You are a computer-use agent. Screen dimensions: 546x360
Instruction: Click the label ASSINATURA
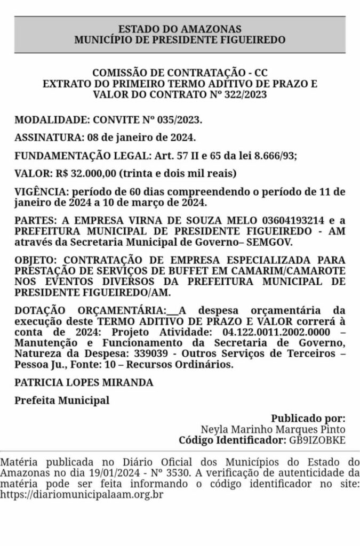[x=47, y=138]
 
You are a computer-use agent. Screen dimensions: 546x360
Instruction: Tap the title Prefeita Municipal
[x=62, y=400]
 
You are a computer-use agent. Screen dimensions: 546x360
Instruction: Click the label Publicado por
[x=308, y=419]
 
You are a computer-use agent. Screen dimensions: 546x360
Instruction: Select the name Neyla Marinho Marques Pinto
[x=273, y=429]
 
